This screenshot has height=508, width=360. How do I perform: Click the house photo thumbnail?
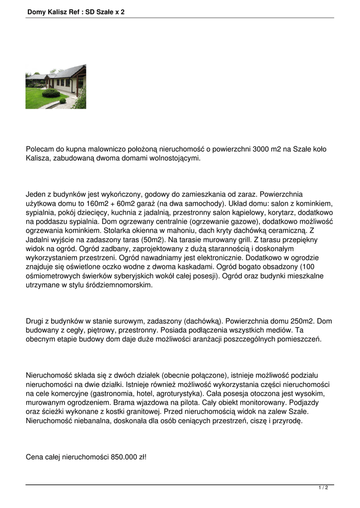coord(56,86)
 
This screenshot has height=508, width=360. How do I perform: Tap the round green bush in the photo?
coord(51,93)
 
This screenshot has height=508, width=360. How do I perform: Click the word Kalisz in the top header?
coord(59,11)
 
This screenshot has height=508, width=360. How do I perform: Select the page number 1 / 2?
coord(323,488)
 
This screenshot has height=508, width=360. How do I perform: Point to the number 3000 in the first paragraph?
coord(263,149)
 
